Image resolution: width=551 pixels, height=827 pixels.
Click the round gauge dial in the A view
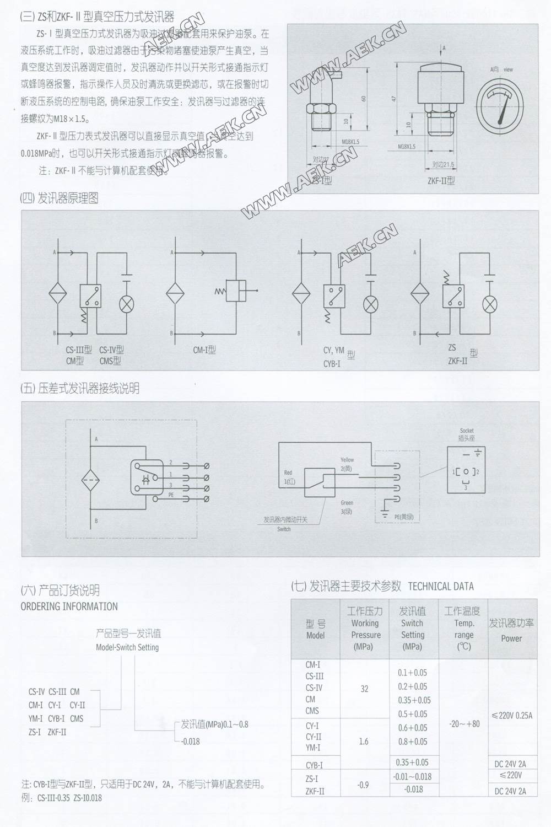[500, 103]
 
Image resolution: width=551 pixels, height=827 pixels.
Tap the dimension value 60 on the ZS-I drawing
[363, 99]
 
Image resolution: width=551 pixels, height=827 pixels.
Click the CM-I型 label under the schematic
[204, 350]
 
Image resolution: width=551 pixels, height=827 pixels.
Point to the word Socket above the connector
[467, 431]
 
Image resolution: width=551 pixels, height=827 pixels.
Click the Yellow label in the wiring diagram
[347, 460]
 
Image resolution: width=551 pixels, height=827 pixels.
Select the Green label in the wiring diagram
[347, 503]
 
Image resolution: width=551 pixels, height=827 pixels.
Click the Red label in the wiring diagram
[288, 473]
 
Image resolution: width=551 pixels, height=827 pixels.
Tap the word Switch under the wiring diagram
[284, 529]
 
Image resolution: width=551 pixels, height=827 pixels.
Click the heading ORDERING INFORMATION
[69, 606]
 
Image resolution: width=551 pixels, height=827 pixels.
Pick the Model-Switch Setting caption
[127, 647]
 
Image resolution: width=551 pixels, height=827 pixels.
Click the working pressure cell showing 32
[364, 689]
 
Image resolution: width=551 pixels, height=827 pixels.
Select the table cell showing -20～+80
[463, 723]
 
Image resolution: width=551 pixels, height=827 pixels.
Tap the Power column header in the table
[511, 638]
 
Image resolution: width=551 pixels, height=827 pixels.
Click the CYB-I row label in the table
[314, 765]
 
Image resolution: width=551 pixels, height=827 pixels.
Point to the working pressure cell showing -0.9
[364, 785]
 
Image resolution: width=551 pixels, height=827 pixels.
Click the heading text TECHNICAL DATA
[441, 586]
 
